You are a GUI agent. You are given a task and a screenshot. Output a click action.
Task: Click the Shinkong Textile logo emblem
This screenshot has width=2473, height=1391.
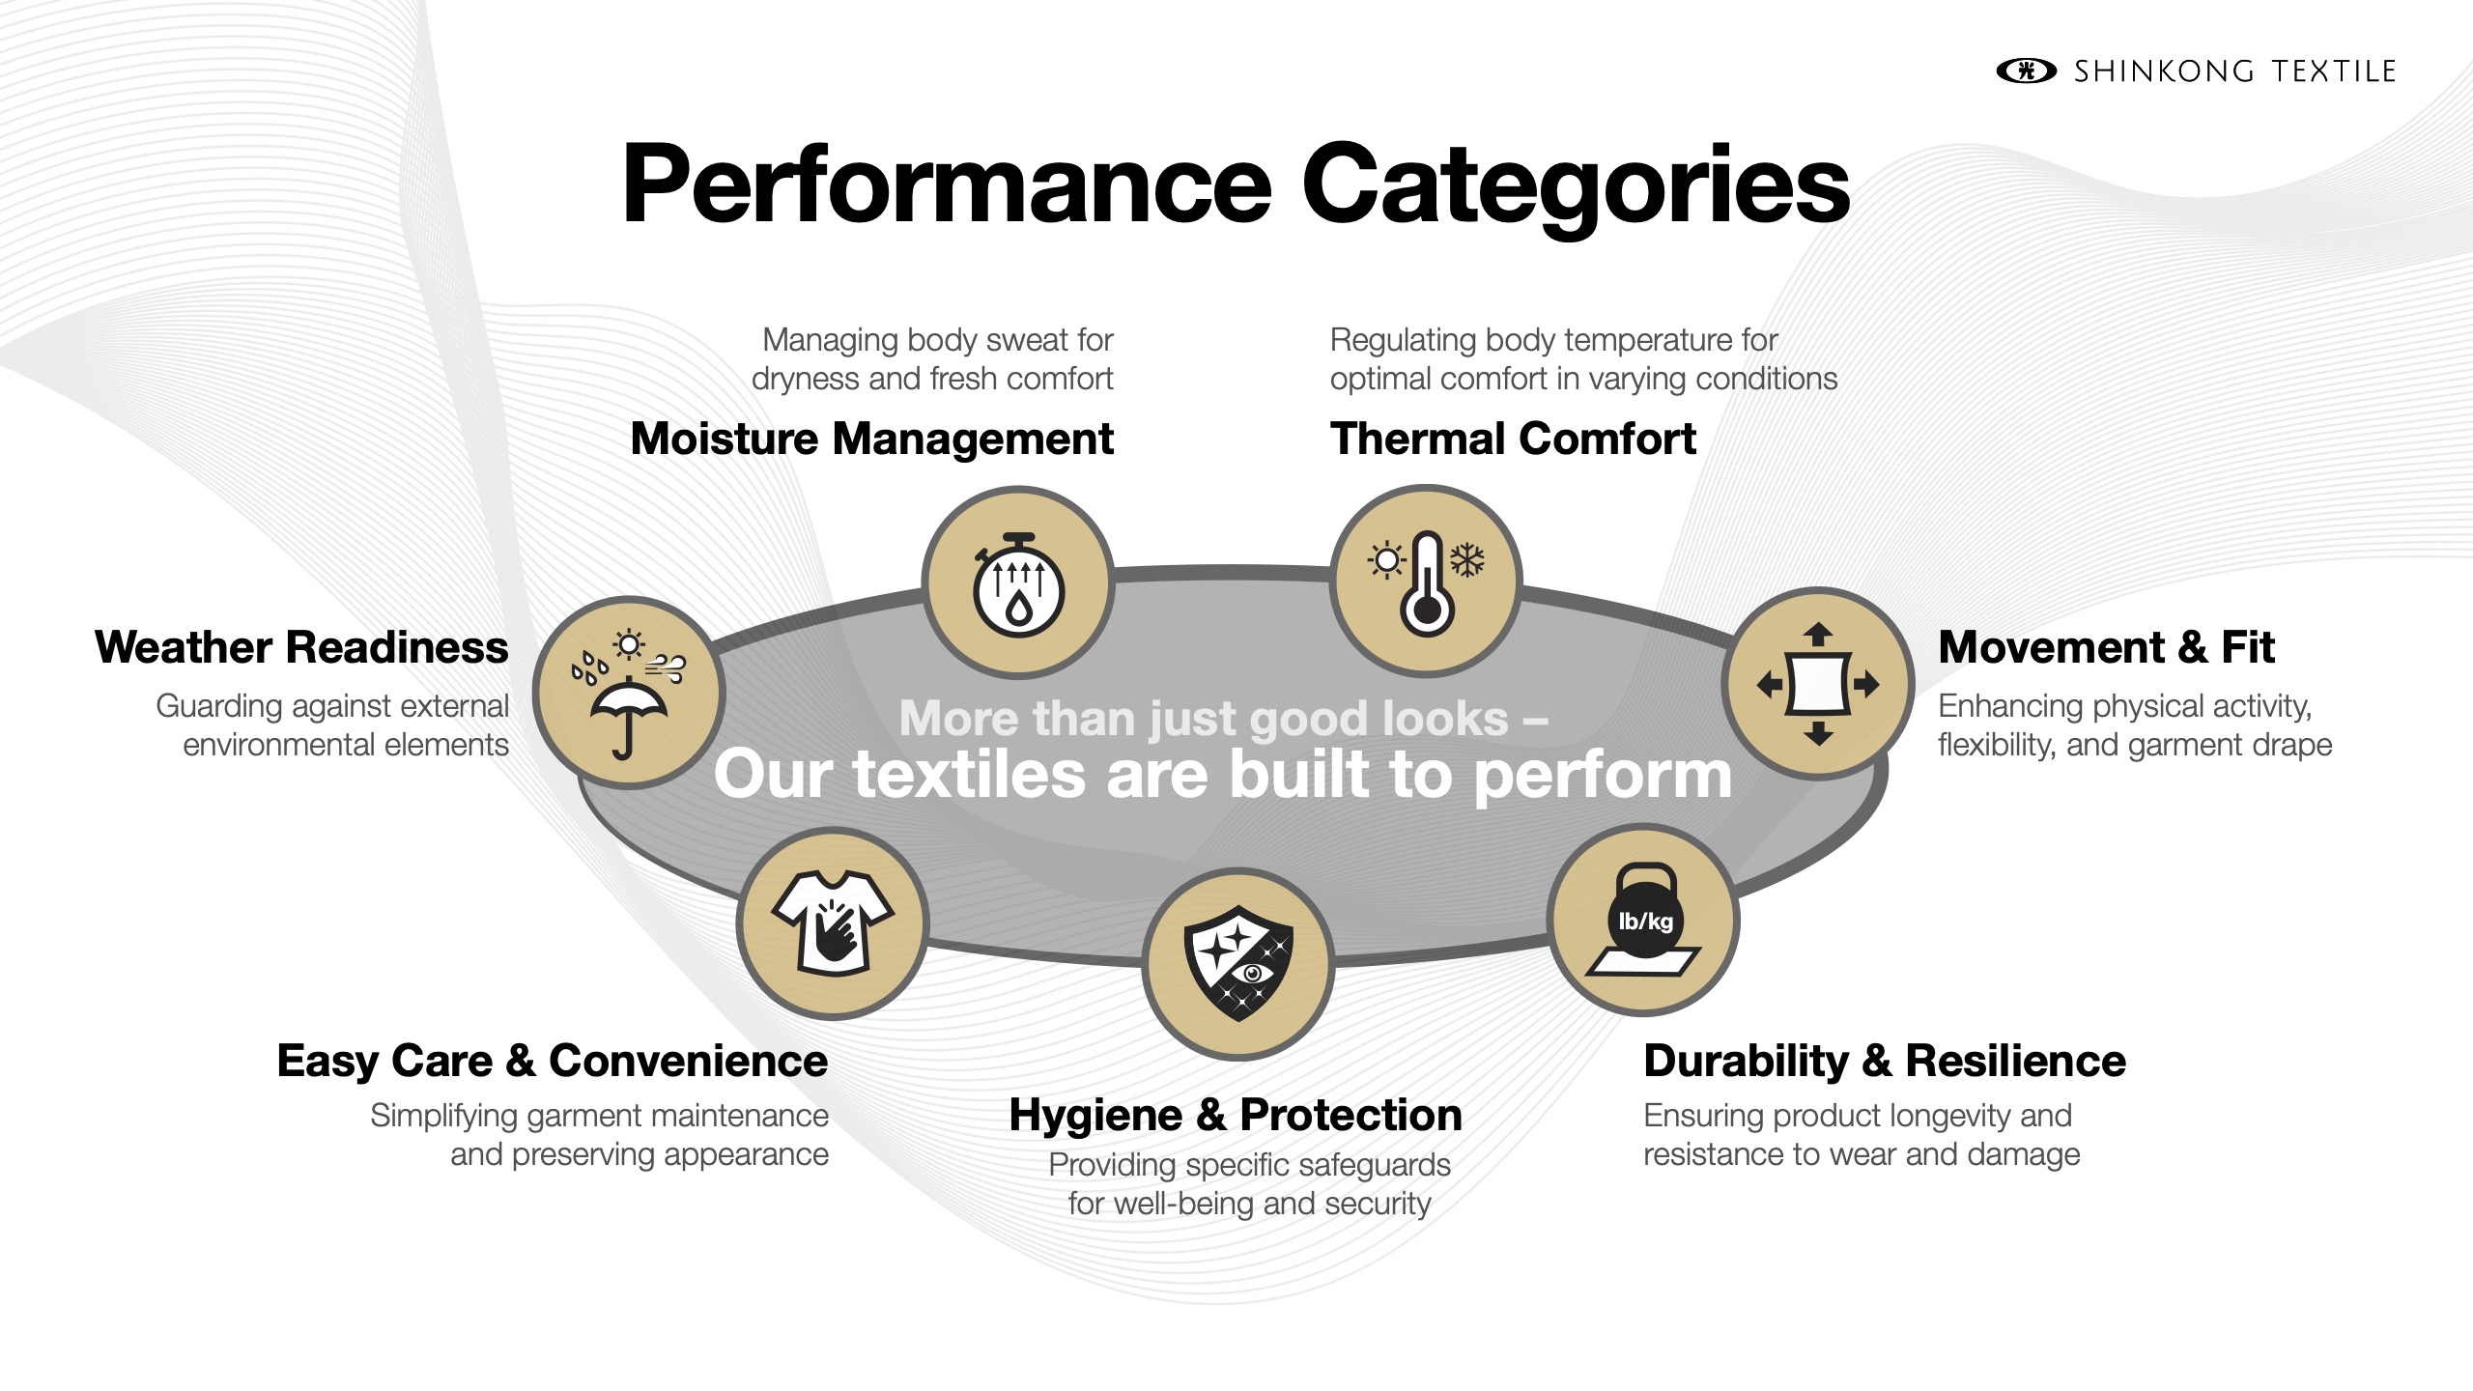[x=2026, y=71]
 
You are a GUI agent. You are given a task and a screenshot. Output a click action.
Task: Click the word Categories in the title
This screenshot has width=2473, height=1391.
[x=1576, y=185]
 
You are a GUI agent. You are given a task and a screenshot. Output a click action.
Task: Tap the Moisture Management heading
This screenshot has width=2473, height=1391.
[x=871, y=440]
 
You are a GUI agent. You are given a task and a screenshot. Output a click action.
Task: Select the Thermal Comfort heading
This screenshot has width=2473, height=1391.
[x=1513, y=440]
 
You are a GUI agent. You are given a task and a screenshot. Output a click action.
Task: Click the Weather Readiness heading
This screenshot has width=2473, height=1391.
[x=301, y=648]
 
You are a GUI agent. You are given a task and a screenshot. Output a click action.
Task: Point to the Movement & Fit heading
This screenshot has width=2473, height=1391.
[x=2106, y=648]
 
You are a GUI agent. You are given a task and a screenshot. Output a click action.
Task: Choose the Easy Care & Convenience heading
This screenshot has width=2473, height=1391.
[x=552, y=1062]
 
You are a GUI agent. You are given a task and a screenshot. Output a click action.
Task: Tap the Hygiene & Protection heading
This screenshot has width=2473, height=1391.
[x=1236, y=1116]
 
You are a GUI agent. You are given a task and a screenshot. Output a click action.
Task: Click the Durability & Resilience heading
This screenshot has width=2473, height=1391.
[x=1885, y=1062]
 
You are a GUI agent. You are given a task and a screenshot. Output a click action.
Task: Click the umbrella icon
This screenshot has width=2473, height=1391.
[x=628, y=715]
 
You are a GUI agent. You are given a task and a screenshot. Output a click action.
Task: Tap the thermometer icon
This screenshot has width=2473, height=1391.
[x=1427, y=584]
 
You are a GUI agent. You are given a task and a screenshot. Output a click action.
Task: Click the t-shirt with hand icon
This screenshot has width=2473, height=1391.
[x=833, y=923]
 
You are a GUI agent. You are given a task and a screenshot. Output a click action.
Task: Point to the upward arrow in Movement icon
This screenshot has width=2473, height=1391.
[x=1818, y=634]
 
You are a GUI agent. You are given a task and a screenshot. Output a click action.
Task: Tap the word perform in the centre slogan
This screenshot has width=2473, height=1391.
[x=1603, y=776]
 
